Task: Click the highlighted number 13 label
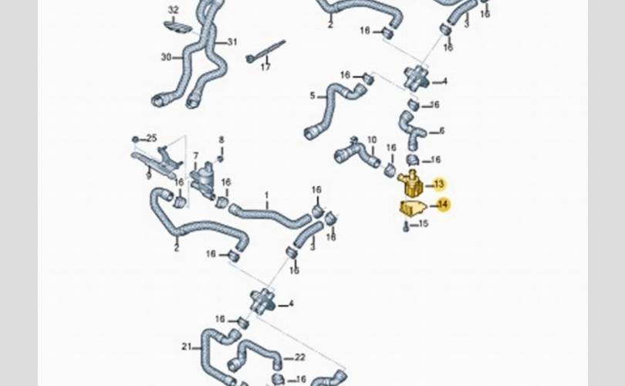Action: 439,184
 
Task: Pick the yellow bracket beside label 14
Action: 412,207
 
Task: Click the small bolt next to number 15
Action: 407,226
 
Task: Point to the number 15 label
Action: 422,225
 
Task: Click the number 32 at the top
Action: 173,10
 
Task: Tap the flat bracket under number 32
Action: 178,26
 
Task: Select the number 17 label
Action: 265,67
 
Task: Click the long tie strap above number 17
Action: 267,50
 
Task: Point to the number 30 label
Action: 166,56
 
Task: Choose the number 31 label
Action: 232,42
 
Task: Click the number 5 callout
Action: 312,96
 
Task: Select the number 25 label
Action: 151,138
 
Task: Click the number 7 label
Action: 196,156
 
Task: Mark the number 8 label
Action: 221,141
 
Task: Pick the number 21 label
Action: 186,345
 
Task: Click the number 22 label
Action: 300,357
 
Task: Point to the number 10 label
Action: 371,141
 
